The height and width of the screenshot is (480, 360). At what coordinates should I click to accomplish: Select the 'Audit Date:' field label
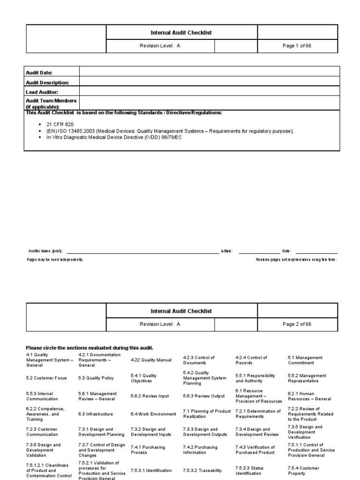[39, 73]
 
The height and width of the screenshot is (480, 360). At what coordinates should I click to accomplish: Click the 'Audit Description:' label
[47, 82]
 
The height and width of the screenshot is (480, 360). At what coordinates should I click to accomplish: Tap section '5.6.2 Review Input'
[150, 396]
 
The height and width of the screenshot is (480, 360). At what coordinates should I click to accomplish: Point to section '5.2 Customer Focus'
[46, 378]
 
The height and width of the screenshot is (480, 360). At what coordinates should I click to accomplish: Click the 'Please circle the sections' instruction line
[89, 348]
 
